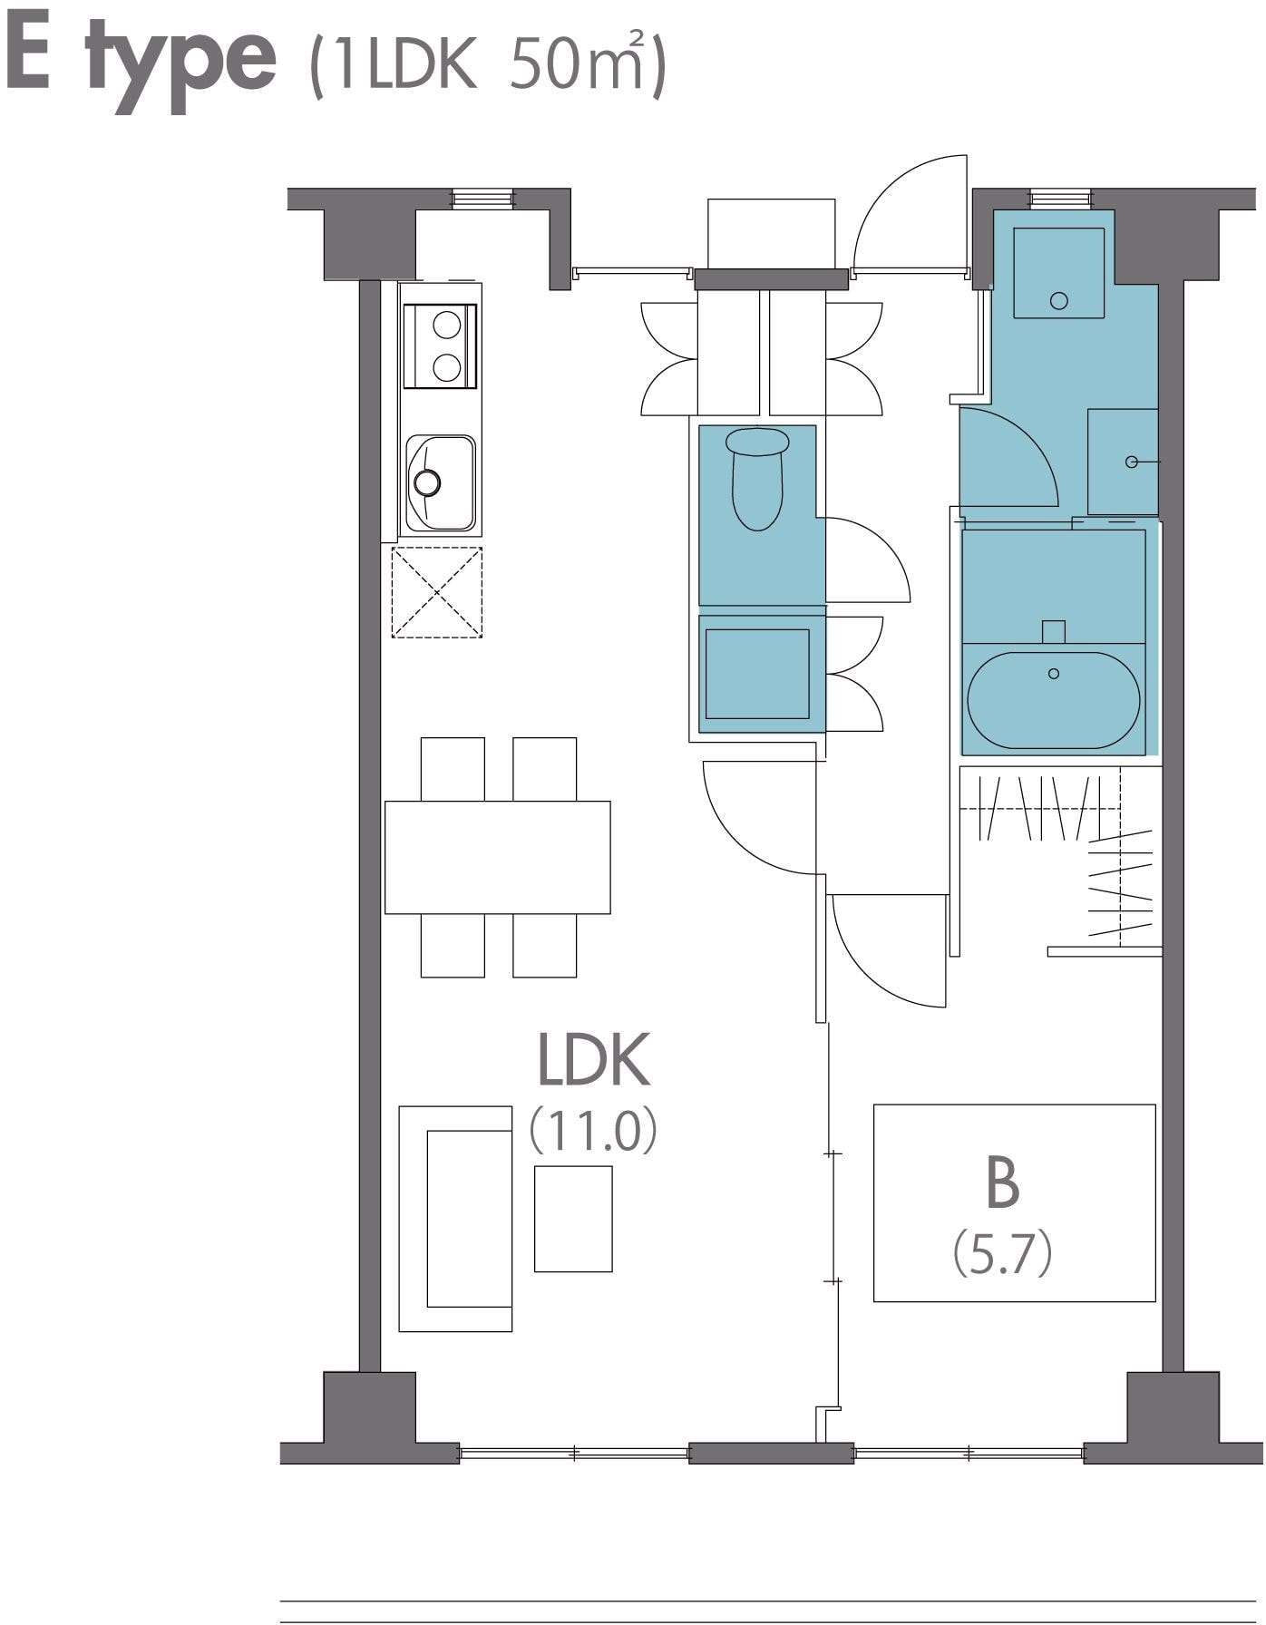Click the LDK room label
point(594,1058)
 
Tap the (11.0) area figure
point(593,1130)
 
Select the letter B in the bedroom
point(1002,1182)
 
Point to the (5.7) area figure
point(1002,1256)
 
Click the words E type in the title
point(140,61)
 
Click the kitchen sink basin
point(440,482)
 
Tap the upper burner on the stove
point(446,324)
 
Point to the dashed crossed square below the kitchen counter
point(437,592)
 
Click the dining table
point(497,857)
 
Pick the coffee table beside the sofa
point(573,1219)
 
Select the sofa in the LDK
point(455,1219)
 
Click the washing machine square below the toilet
point(757,674)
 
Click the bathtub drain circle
point(1054,674)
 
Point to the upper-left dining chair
point(453,769)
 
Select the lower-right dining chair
point(544,946)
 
